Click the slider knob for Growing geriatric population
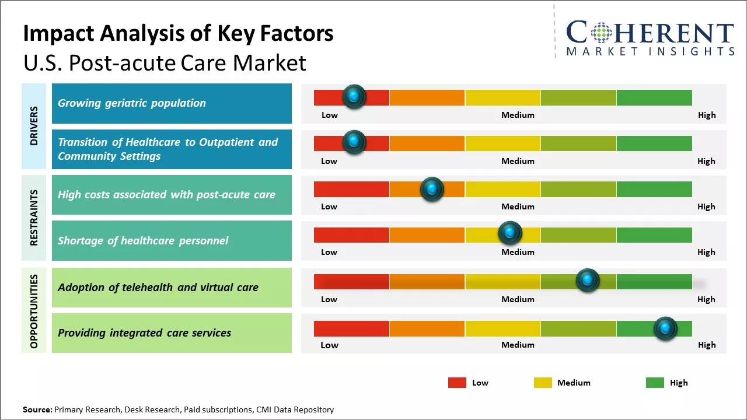354,97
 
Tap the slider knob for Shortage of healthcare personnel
510,233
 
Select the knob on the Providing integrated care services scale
665,328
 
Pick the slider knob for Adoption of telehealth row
588,281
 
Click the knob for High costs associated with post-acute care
432,189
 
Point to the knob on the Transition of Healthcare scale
354,142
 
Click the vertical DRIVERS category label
34,126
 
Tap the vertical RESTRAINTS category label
34,218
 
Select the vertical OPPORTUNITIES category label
34,311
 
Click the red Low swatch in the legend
457,383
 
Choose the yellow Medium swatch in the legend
543,383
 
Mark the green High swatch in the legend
655,383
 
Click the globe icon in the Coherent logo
601,33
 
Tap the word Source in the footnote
37,409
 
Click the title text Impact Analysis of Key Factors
178,34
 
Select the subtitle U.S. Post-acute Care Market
165,62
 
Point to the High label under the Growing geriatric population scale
706,115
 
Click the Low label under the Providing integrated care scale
329,345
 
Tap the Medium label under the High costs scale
518,206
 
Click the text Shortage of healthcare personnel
143,240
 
